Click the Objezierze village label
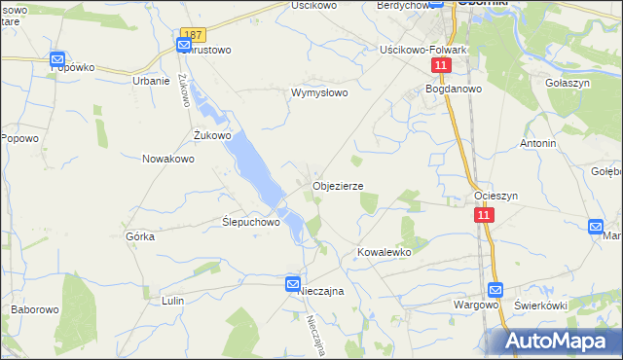coord(338,186)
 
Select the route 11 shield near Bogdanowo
coord(442,65)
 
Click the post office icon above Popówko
coord(57,59)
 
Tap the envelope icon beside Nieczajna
coord(293,283)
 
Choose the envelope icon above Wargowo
coord(495,289)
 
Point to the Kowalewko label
coord(385,251)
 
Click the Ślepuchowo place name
coord(251,222)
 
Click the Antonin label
coord(537,143)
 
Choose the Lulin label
coord(173,301)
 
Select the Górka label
coord(141,236)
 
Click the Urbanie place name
coord(151,81)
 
